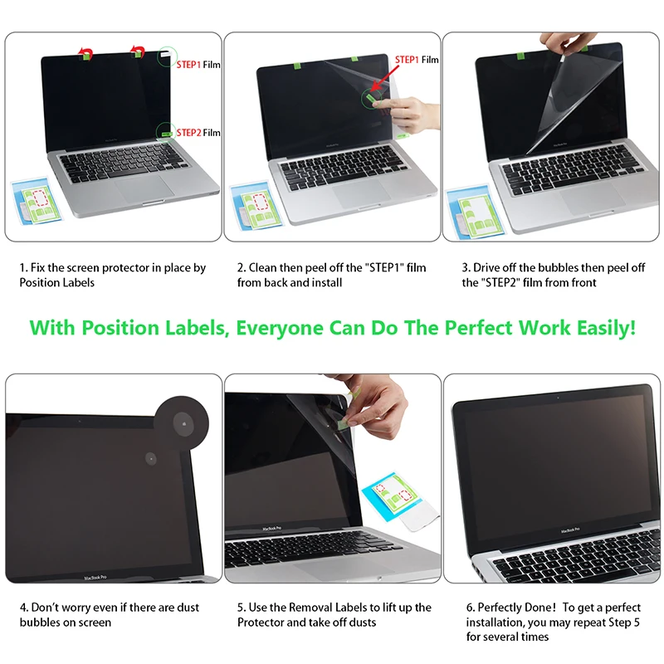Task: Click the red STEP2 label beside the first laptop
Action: point(188,132)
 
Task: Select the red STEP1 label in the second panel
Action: point(407,60)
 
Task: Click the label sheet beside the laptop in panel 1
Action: point(32,203)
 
